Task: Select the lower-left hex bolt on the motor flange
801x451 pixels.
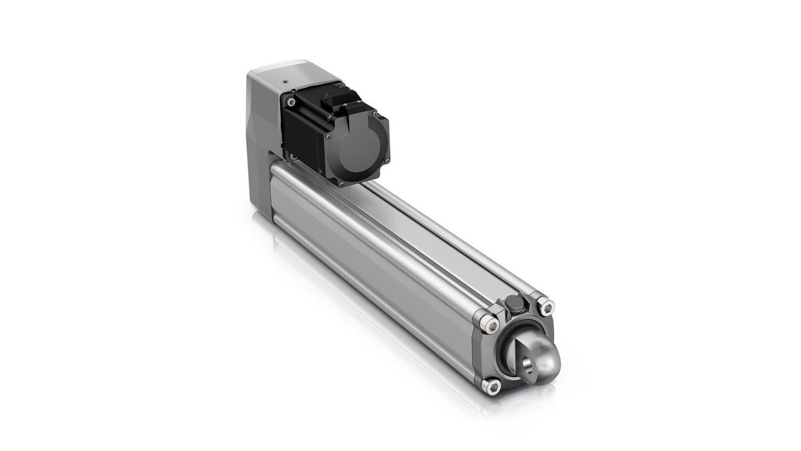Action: [x=291, y=157]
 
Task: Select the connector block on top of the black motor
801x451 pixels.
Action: [x=339, y=100]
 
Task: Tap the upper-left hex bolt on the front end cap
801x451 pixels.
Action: [x=491, y=324]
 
